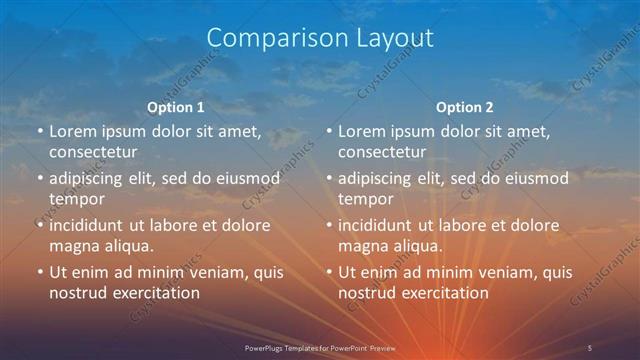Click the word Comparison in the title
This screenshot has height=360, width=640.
(268, 38)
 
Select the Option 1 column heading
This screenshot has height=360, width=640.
(176, 107)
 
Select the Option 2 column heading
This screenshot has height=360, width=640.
(465, 107)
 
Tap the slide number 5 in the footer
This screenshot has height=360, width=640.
(590, 347)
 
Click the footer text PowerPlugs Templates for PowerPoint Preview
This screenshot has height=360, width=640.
(319, 347)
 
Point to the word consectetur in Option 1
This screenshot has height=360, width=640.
(93, 152)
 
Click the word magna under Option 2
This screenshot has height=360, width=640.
(363, 246)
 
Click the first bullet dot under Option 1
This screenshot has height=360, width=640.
(40, 132)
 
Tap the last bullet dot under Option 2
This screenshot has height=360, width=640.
(329, 273)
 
